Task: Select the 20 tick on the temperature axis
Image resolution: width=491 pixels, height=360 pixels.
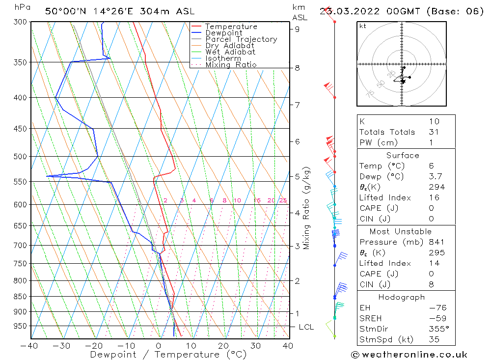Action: [223, 346]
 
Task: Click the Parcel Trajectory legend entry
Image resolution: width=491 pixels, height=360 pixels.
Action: [241, 39]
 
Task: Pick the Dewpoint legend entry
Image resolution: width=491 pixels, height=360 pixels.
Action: [223, 33]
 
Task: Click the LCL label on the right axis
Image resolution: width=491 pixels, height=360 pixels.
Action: [306, 327]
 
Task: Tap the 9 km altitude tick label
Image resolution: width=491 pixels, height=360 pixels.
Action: [297, 29]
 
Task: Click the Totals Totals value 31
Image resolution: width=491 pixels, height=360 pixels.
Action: [434, 132]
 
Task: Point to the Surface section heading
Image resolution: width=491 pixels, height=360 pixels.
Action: [403, 155]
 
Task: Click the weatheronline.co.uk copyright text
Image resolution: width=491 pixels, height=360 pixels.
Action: [409, 355]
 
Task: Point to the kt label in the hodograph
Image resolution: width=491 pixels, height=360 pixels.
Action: [363, 26]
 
